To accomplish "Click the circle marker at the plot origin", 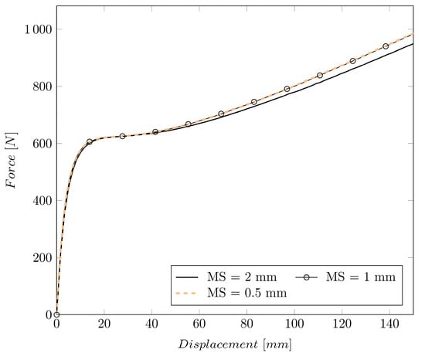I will pyautogui.click(x=56, y=314).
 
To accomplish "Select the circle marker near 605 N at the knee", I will pyautogui.click(x=90, y=142).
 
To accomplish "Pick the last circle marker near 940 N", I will pyautogui.click(x=386, y=46).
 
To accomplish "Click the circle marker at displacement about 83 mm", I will pyautogui.click(x=253, y=102).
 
